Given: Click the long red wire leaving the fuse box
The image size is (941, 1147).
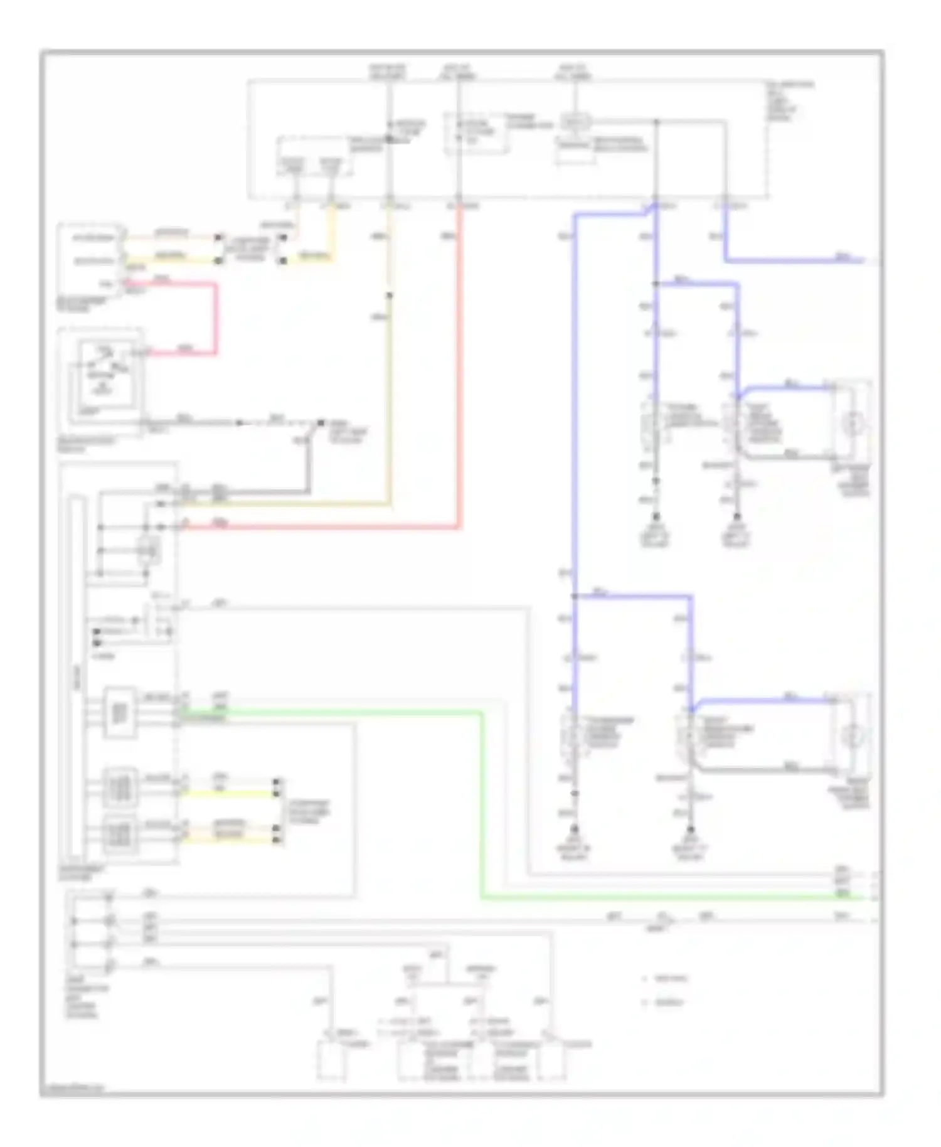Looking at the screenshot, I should (459, 376).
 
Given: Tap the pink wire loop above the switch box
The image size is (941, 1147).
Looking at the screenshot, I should (216, 320).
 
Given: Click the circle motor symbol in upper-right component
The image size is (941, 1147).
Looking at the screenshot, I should (851, 424).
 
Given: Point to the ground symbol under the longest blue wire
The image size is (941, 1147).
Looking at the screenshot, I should (574, 831).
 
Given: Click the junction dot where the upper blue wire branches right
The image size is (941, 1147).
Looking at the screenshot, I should (656, 284).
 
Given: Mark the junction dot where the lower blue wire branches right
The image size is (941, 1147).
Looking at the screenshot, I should (575, 596).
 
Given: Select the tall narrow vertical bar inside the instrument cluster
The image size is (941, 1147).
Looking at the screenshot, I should (77, 678).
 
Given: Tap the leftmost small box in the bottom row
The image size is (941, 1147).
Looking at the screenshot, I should (331, 1060).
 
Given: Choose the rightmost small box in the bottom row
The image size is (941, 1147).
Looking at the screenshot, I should (552, 1060).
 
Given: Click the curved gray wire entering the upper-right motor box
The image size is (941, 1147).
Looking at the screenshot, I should (784, 457).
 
